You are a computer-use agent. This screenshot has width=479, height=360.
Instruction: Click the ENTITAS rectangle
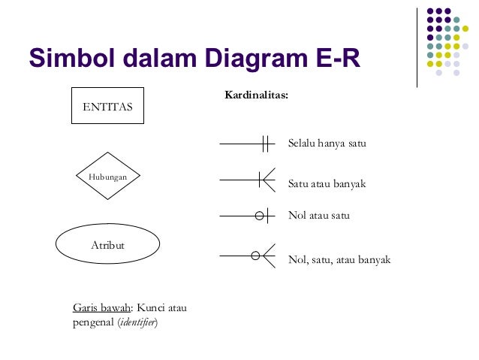[107, 106]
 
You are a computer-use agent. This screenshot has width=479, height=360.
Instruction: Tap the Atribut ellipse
[107, 245]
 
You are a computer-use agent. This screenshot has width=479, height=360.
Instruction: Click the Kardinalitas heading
[256, 96]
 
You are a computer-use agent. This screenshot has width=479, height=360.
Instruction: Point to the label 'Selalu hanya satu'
[327, 143]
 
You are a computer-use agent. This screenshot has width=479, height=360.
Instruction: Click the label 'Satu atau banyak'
[327, 183]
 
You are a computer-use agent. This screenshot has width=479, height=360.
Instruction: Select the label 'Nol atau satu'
[319, 216]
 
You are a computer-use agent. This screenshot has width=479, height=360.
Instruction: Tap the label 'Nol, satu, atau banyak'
[339, 260]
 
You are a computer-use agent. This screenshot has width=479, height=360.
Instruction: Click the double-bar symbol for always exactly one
[265, 143]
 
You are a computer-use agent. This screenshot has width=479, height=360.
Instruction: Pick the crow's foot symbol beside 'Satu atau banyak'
[266, 179]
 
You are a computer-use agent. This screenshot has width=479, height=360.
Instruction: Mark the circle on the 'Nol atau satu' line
[260, 216]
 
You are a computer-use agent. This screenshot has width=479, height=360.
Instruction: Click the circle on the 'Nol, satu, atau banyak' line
[255, 256]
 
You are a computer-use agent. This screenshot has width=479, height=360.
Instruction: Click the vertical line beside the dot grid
[417, 47]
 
